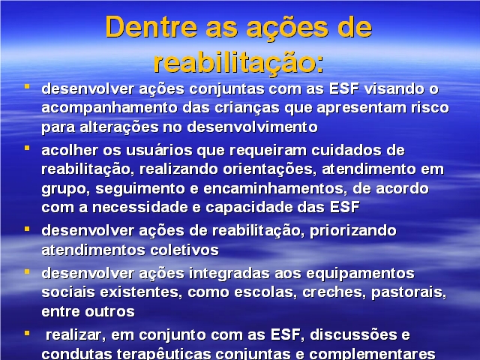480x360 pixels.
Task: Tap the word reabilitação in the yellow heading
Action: [x=234, y=63]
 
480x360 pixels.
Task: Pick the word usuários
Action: [x=159, y=150]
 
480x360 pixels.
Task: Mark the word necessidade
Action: [x=139, y=207]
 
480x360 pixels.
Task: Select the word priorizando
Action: [x=353, y=231]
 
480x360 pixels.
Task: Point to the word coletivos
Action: [x=184, y=250]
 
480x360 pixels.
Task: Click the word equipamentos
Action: [x=360, y=274]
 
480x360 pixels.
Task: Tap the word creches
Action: [x=334, y=292]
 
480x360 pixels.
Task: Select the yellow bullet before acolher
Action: [x=27, y=148]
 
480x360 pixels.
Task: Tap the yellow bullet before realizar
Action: [x=27, y=333]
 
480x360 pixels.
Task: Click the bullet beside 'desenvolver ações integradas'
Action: [x=27, y=271]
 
